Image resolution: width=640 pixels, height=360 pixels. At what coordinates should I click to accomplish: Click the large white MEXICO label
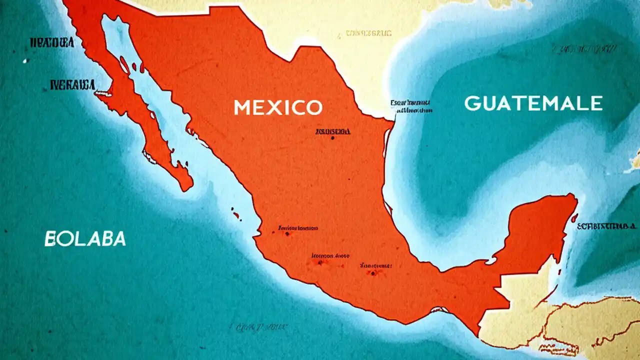pos(277,107)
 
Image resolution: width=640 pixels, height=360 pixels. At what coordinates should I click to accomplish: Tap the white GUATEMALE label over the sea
pos(533,103)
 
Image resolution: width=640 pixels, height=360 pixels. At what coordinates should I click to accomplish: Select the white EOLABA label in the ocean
pos(85,239)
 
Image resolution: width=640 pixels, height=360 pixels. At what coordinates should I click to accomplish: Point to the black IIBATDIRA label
pos(52,43)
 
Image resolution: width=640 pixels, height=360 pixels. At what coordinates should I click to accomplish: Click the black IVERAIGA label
pos(72,85)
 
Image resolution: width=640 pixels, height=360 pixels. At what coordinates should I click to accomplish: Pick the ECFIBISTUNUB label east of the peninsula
pos(608,226)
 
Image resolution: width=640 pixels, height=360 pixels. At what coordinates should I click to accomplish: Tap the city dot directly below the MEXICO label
pos(332,137)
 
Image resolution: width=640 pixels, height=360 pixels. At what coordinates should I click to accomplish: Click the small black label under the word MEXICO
pos(332,131)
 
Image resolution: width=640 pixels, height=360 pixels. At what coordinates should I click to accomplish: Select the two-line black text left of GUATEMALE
pos(411,106)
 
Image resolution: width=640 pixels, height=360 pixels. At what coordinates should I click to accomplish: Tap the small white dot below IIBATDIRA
pos(24,61)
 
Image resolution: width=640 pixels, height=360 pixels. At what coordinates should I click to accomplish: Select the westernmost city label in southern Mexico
pos(297,228)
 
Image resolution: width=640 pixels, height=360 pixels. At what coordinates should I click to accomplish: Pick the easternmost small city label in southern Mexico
pos(375,265)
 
